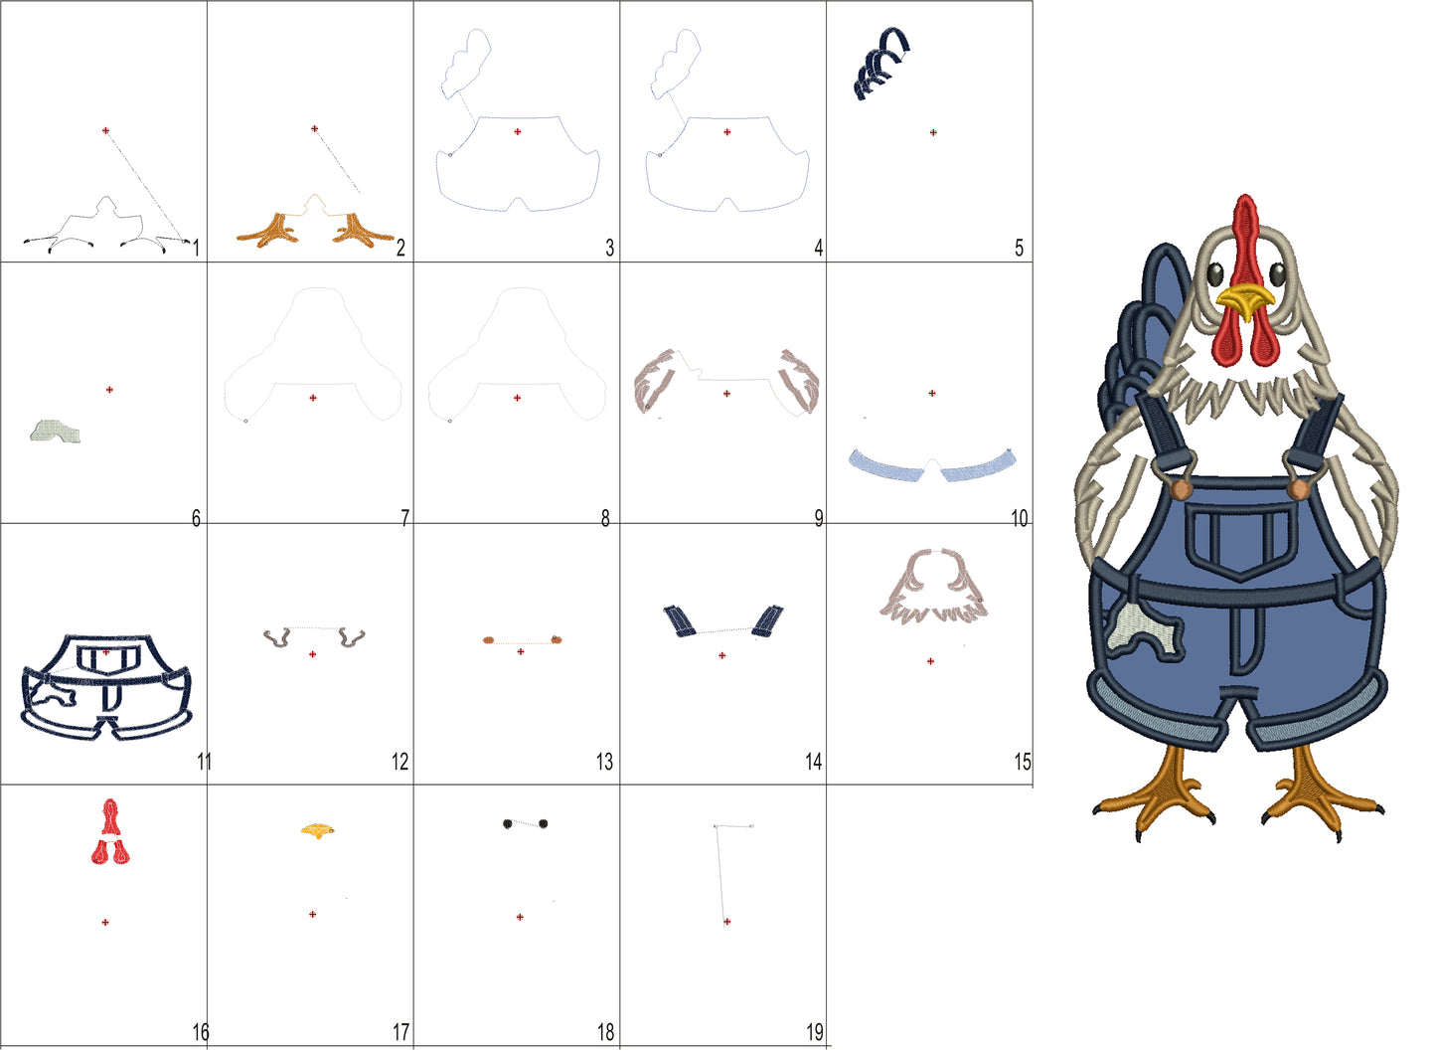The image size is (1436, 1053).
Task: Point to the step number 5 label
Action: pyautogui.click(x=1019, y=248)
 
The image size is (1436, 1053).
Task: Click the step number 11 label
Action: pyautogui.click(x=204, y=762)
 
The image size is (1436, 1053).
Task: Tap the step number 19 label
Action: pyautogui.click(x=815, y=1032)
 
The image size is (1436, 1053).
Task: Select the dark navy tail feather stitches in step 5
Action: pyautogui.click(x=881, y=63)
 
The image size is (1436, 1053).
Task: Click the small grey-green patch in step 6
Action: pyautogui.click(x=55, y=431)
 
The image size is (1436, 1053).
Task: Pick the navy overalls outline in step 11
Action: pyautogui.click(x=106, y=687)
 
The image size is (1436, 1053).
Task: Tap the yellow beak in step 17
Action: pyautogui.click(x=317, y=830)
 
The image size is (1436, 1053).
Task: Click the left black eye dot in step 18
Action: pyautogui.click(x=508, y=823)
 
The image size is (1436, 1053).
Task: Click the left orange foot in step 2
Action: pyautogui.click(x=269, y=231)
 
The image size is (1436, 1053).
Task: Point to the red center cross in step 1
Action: pyautogui.click(x=105, y=131)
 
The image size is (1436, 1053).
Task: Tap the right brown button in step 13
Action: pyautogui.click(x=556, y=639)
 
